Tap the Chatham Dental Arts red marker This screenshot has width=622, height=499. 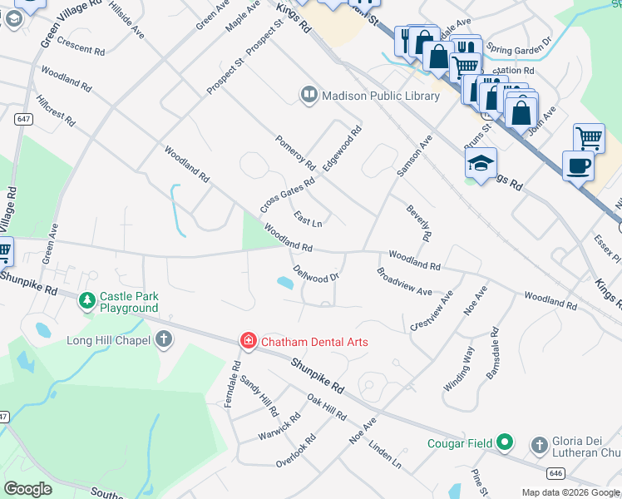(248, 341)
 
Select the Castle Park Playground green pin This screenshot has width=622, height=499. (86, 301)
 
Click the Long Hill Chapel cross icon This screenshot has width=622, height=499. (164, 339)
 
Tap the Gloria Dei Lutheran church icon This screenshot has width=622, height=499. (540, 444)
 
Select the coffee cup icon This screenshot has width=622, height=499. (579, 166)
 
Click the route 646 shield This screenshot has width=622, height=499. (555, 472)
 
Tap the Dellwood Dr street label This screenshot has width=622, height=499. (317, 274)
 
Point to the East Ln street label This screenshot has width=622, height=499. (308, 219)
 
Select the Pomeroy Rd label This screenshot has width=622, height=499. (295, 152)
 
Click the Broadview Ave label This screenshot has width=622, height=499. (404, 282)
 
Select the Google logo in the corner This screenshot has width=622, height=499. (28, 488)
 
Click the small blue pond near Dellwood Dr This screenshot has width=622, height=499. (285, 284)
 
